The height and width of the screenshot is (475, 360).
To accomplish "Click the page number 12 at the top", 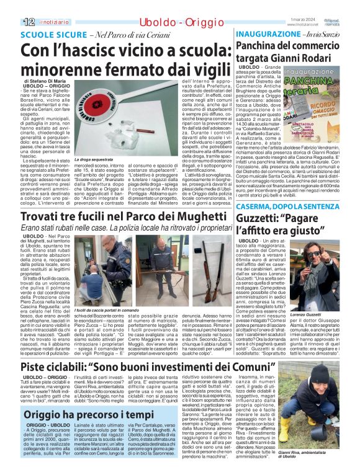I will point(10,6).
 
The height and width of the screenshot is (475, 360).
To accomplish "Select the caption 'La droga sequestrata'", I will point(92,159).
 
